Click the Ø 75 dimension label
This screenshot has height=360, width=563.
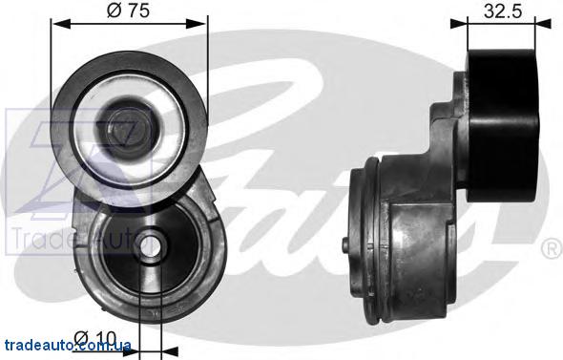(x=128, y=10)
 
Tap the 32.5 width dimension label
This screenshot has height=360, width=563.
(x=502, y=11)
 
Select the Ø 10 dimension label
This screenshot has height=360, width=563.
(x=95, y=339)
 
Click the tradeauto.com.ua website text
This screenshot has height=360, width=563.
(x=67, y=346)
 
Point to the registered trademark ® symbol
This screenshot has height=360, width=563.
(x=551, y=249)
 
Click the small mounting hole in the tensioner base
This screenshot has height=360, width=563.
(x=149, y=246)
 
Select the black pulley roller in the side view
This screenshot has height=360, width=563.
(x=502, y=125)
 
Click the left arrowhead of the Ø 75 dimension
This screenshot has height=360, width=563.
(x=60, y=24)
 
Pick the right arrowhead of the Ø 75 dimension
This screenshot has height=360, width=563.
(x=198, y=24)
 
